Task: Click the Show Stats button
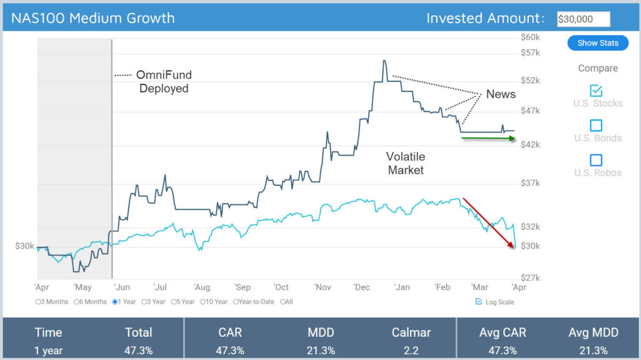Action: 598,43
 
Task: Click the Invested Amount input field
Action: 583,19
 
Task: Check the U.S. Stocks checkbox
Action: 597,91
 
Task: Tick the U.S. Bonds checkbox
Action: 597,125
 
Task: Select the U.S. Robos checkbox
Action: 597,160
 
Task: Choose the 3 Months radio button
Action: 39,302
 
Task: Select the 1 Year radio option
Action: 115,302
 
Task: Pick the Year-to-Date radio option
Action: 236,302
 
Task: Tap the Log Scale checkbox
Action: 479,302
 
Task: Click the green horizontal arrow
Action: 488,138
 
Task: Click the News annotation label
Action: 501,94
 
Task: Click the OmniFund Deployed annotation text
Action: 164,81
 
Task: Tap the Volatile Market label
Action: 406,163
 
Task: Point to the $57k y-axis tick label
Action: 530,53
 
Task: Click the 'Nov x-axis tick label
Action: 323,287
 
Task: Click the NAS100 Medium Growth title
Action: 93,18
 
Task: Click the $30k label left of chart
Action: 24,246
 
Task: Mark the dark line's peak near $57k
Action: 384,61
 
